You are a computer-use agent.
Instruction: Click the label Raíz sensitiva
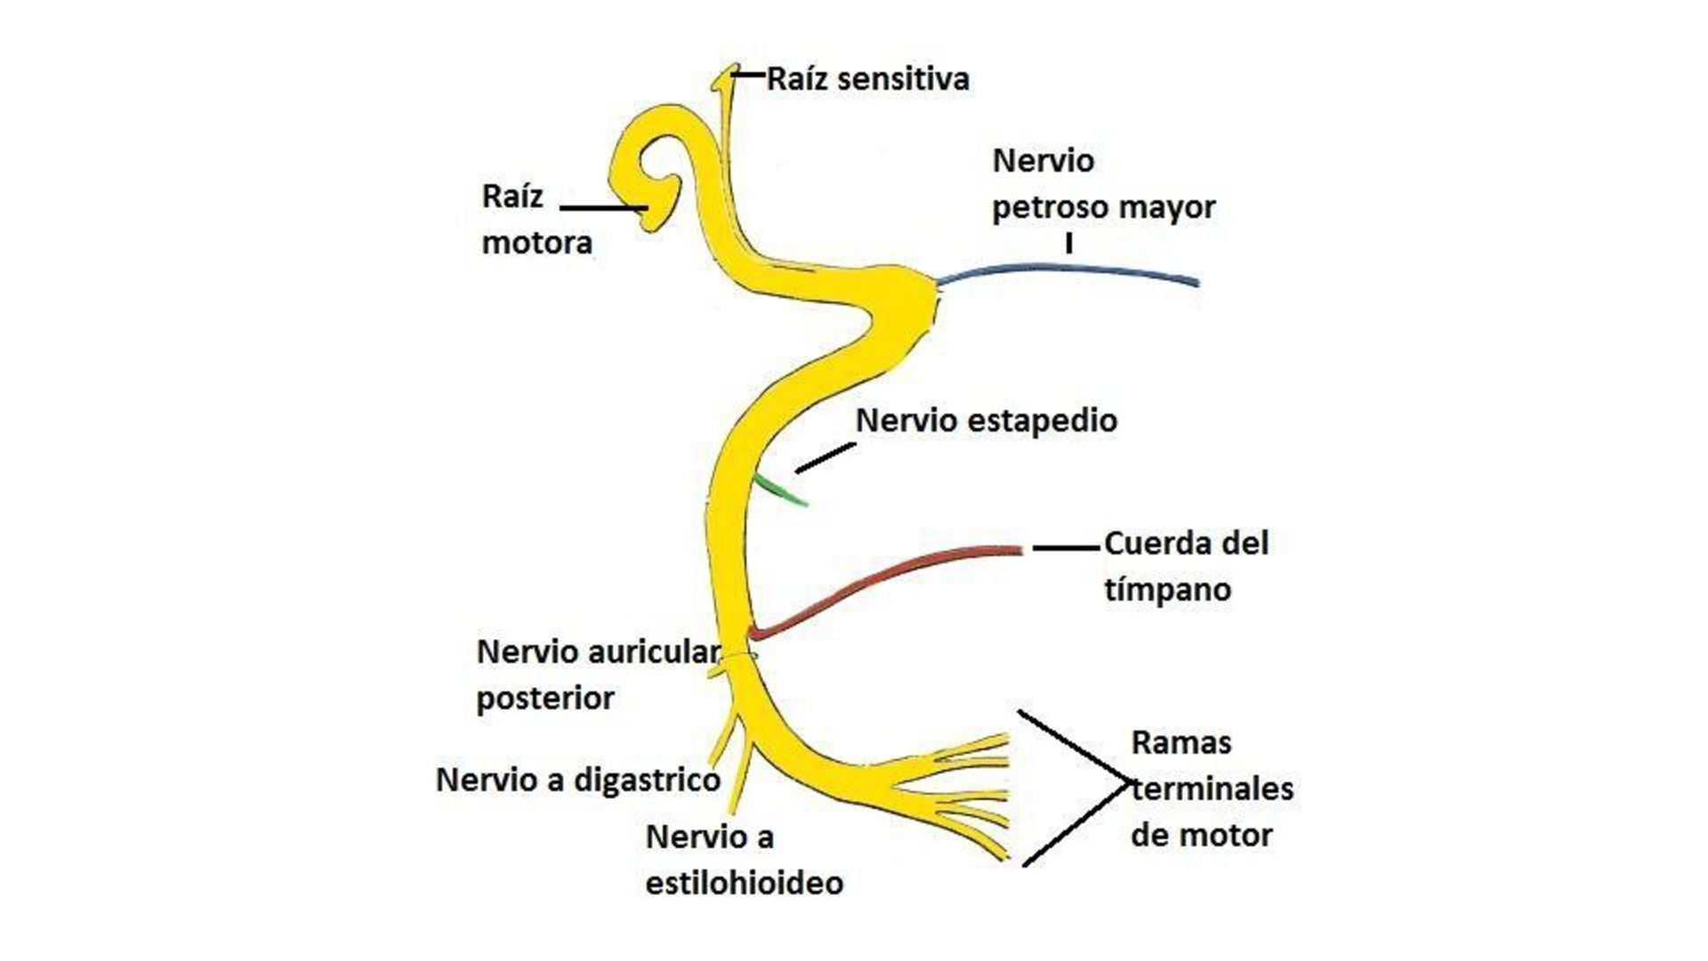[x=867, y=79]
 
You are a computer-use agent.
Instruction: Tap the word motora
[x=536, y=243]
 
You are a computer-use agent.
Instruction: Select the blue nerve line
[x=1067, y=270]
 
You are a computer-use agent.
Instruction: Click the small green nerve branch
[x=780, y=491]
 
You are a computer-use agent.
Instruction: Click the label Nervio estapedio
[x=986, y=421]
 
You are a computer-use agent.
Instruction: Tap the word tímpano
[x=1167, y=590]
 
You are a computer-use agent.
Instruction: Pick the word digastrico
[x=646, y=780]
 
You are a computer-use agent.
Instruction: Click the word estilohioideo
[x=744, y=884]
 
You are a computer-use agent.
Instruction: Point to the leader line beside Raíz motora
[x=601, y=208]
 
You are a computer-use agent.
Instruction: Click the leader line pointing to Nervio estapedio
[x=824, y=458]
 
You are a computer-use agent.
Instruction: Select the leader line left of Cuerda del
[x=1065, y=548]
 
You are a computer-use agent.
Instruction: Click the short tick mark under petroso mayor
[x=1068, y=243]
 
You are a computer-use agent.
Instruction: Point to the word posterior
[x=544, y=699]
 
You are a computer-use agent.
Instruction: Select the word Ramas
[x=1180, y=743]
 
